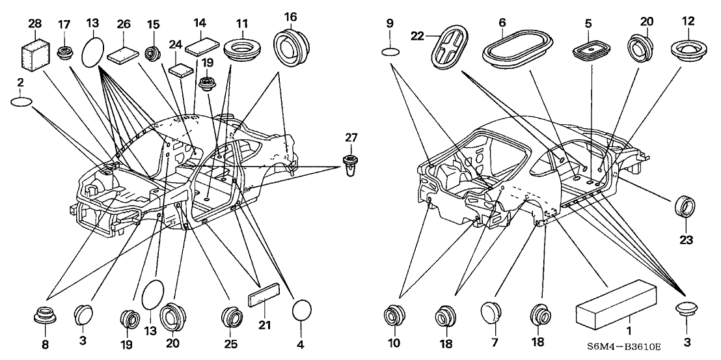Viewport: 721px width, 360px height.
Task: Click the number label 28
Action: point(35,24)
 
